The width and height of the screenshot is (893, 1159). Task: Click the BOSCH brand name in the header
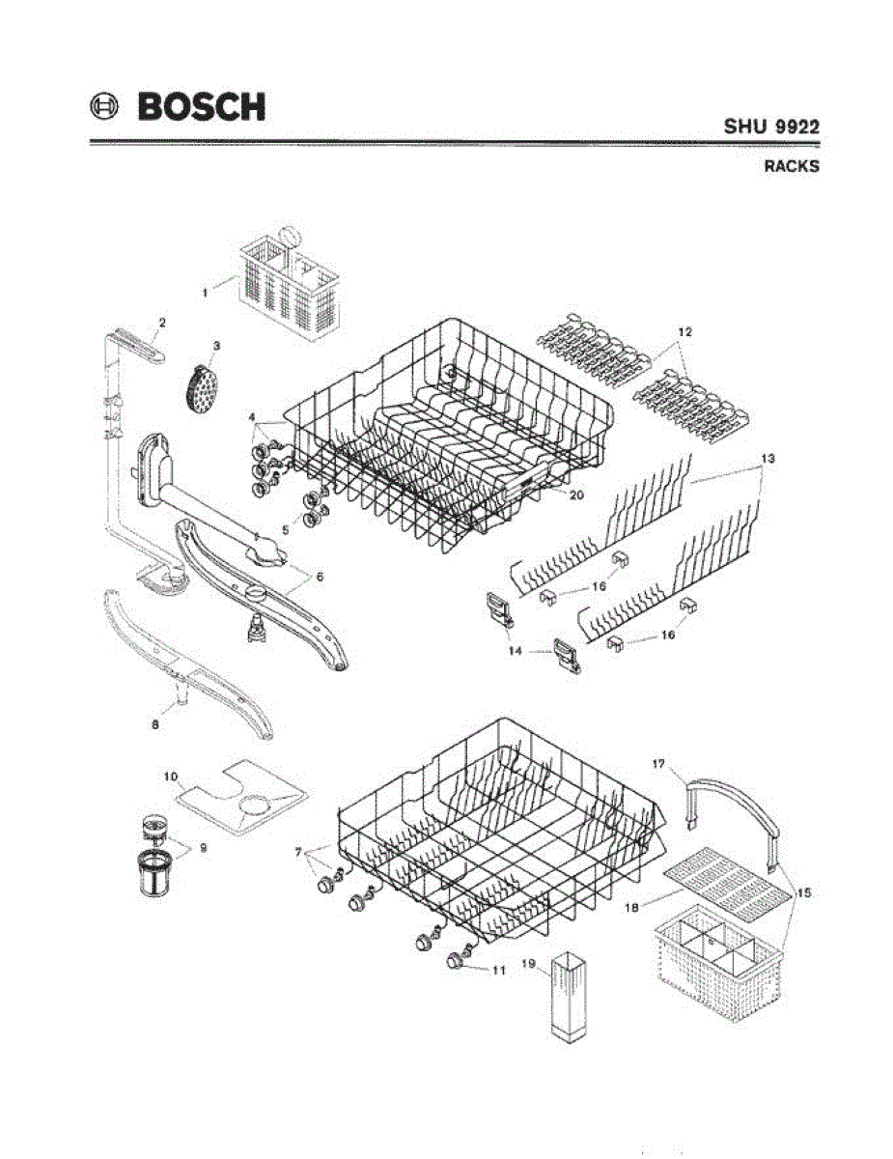click(x=201, y=106)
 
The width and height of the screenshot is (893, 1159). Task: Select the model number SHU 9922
click(x=772, y=127)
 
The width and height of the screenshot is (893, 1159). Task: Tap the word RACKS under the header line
click(x=792, y=166)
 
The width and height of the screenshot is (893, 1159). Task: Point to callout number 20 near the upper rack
click(x=576, y=494)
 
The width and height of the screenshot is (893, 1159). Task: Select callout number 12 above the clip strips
click(x=684, y=332)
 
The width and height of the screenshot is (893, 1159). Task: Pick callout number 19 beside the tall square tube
click(x=527, y=963)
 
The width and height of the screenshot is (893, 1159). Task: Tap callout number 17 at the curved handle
click(x=658, y=764)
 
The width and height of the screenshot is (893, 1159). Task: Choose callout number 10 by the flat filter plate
click(x=169, y=776)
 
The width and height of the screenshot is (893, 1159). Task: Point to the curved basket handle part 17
click(x=734, y=806)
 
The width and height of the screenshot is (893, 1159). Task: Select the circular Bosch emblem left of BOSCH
click(x=106, y=106)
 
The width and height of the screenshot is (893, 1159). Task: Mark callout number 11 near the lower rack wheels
click(x=498, y=971)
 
